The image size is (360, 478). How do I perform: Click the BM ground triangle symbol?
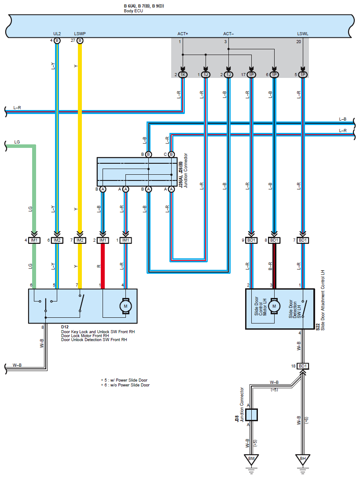point(251,460)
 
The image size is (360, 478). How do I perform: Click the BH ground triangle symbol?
point(303,460)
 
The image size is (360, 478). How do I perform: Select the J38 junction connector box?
point(251,415)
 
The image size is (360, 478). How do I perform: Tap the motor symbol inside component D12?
point(125,306)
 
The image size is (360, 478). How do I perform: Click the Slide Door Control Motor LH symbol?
point(274,306)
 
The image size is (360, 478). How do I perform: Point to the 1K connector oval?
point(183,75)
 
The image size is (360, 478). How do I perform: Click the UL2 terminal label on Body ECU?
point(57,34)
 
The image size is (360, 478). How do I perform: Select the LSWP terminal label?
point(80,34)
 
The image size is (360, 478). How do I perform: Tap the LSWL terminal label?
point(303,34)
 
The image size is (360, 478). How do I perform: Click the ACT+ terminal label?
point(183,34)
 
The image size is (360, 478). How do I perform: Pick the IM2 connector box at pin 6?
point(57,240)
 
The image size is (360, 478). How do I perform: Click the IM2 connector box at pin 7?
point(80,240)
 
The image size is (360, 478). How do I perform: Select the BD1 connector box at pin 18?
point(303,366)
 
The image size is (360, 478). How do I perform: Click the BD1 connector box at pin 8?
point(274,240)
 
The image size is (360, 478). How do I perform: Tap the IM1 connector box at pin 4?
point(34,240)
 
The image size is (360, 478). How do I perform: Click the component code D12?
point(65,327)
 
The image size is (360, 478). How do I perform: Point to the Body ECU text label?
point(133,11)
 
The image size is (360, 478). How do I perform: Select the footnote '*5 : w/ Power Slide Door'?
point(124,380)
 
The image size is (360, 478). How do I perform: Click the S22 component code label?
point(318,327)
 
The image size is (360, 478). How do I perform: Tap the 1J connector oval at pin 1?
point(206,75)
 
